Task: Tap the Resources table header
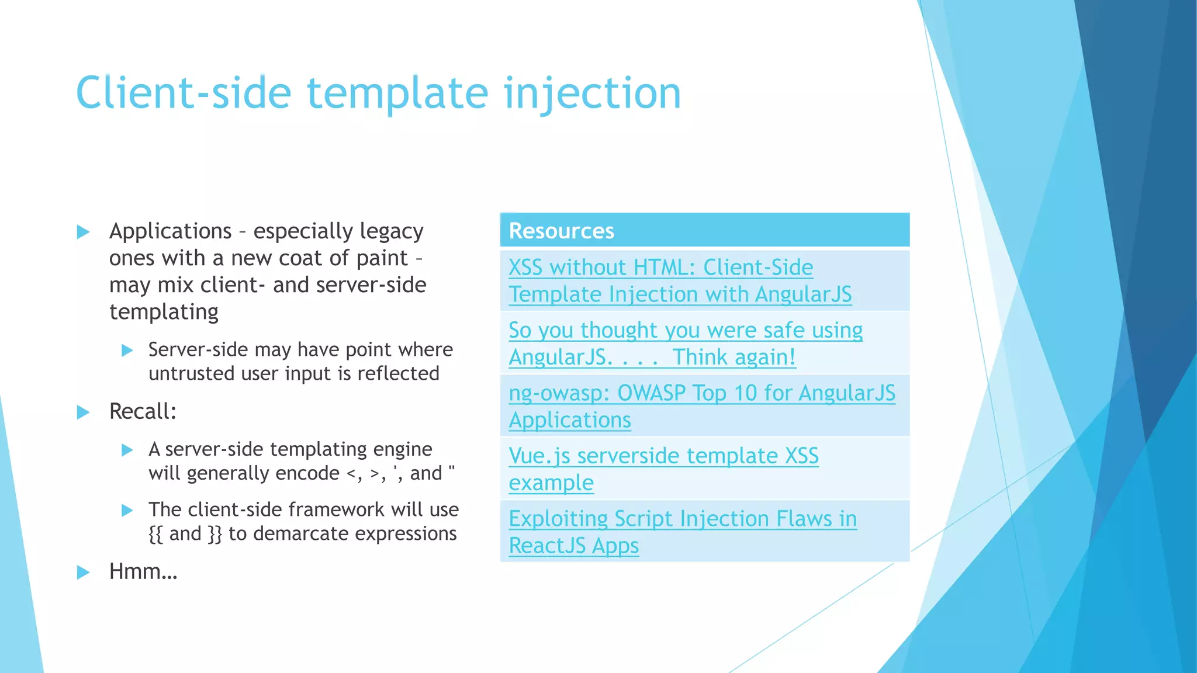[561, 231]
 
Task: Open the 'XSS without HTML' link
[660, 268]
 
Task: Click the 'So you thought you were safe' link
[685, 331]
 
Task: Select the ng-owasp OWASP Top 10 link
[701, 393]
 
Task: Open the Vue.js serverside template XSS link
[663, 456]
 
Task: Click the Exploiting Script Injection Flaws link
[682, 519]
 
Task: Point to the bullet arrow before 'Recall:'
[84, 412]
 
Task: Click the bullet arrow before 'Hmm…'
[84, 572]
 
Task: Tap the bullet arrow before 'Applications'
[84, 232]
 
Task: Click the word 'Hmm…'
[143, 571]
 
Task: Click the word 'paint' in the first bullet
[382, 258]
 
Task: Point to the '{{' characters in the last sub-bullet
[155, 534]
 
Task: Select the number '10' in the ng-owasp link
[745, 393]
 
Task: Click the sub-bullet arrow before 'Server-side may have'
[127, 351]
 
